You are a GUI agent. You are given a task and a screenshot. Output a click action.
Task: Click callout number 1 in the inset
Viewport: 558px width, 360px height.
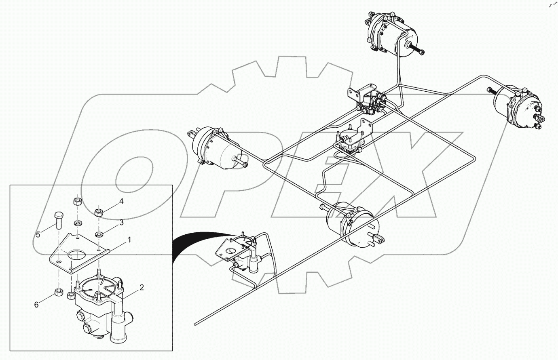coord(129,240)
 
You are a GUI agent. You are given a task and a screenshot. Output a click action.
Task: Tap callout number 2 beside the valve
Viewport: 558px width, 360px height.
coord(142,288)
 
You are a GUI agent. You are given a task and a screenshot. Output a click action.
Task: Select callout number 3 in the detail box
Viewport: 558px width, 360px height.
coord(121,222)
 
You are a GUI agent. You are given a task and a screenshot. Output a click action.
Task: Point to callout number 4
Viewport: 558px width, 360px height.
coord(121,201)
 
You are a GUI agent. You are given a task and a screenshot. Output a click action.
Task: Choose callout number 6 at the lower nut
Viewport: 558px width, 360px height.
coord(36,305)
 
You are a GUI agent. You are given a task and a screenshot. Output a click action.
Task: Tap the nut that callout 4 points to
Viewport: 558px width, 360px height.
coord(98,211)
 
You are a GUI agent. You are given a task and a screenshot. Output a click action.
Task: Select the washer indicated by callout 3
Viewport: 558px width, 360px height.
coord(98,234)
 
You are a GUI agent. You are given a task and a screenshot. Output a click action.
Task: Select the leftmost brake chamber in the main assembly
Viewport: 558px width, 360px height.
coord(214,147)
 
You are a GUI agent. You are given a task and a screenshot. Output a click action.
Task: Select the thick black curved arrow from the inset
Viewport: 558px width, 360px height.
coord(198,238)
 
